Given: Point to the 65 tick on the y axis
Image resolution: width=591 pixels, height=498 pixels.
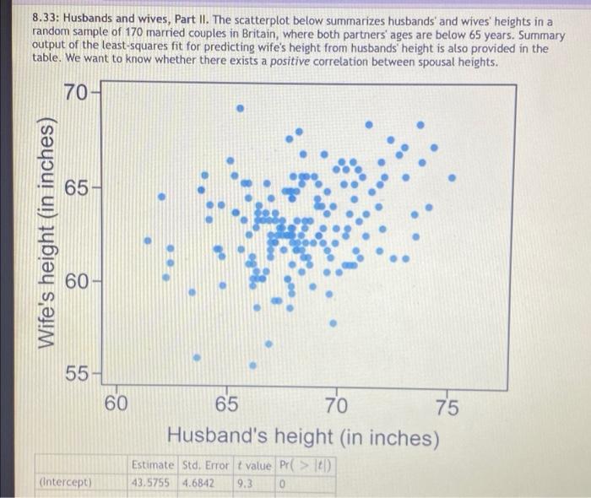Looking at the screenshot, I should tap(75, 187).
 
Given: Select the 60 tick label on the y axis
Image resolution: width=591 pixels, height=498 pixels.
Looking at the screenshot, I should tap(75, 280).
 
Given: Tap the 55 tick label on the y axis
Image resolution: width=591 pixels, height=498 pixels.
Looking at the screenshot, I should tap(75, 373).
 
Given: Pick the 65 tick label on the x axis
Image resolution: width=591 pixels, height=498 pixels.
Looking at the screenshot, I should tap(225, 406).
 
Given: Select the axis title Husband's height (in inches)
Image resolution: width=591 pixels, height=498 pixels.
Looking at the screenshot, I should tap(303, 437).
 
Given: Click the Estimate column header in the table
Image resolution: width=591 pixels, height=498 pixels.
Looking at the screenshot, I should tap(152, 465).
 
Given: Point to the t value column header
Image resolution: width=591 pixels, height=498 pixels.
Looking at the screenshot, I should tap(252, 465).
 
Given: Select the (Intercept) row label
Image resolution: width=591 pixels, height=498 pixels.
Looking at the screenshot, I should tap(66, 482).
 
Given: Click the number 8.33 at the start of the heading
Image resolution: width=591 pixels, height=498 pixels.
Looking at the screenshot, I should tap(44, 18).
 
